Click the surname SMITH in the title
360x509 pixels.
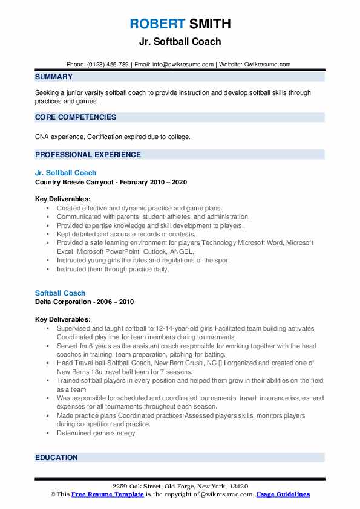pyautogui.click(x=209, y=24)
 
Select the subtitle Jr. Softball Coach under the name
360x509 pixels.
pyautogui.click(x=180, y=42)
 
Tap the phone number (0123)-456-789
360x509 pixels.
pyautogui.click(x=111, y=64)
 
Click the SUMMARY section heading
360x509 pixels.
pyautogui.click(x=54, y=77)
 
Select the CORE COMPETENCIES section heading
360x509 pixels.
pyautogui.click(x=76, y=117)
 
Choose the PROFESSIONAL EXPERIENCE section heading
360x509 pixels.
pyautogui.click(x=88, y=155)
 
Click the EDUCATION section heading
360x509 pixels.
pyautogui.click(x=57, y=458)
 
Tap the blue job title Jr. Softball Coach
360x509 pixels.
pyautogui.click(x=65, y=173)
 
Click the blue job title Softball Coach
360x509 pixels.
pyautogui.click(x=60, y=293)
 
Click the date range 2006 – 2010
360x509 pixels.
pyautogui.click(x=117, y=302)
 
